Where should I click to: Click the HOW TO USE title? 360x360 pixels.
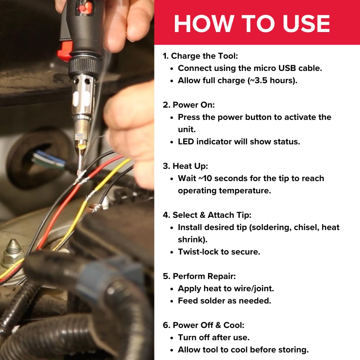(252, 23)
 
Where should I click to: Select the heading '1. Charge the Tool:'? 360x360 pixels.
(200, 56)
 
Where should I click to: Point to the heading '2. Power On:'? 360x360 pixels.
(189, 105)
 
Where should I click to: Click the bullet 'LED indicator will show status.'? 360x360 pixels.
(239, 141)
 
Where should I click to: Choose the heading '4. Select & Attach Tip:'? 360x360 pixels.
(207, 215)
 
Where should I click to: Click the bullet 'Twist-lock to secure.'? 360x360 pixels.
(219, 252)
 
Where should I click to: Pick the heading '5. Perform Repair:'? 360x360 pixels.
(199, 276)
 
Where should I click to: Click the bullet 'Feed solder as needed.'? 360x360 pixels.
(224, 301)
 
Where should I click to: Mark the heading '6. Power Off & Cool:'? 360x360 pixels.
(203, 325)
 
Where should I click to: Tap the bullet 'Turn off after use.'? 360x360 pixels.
(213, 337)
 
